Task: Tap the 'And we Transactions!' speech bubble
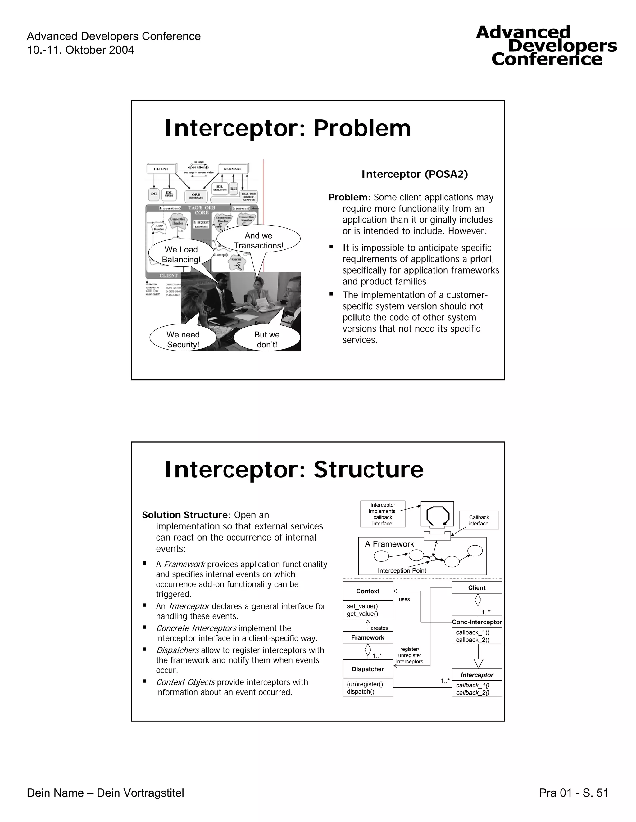pyautogui.click(x=258, y=240)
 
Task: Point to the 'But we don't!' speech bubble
pyautogui.click(x=267, y=339)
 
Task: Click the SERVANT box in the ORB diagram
pyautogui.click(x=233, y=169)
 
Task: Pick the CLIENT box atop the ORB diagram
pyautogui.click(x=161, y=169)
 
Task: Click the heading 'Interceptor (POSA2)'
pyautogui.click(x=415, y=174)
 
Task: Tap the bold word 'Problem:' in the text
pyautogui.click(x=350, y=197)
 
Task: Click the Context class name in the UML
pyautogui.click(x=368, y=591)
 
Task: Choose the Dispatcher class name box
pyautogui.click(x=368, y=669)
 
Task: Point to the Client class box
pyautogui.click(x=477, y=588)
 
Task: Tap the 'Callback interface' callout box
pyautogui.click(x=479, y=520)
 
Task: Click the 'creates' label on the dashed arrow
pyautogui.click(x=379, y=628)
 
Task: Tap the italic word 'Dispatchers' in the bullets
pyautogui.click(x=177, y=650)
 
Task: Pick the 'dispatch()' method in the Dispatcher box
pyautogui.click(x=361, y=691)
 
